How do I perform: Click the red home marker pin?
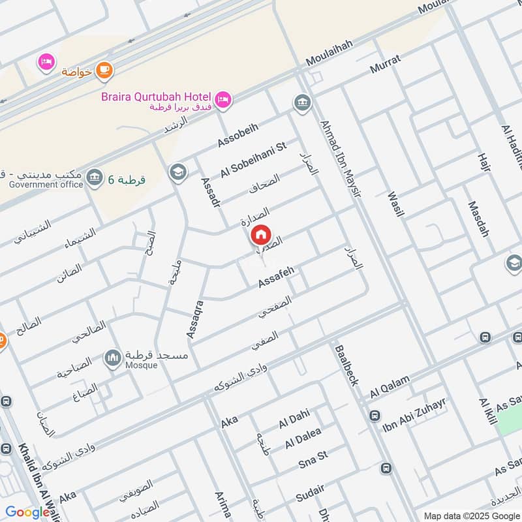tap(260, 234)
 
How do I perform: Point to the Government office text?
tap(46, 185)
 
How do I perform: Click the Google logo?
tap(27, 512)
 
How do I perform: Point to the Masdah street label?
tap(478, 219)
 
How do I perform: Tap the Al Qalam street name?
tap(390, 387)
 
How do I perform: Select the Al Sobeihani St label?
tap(254, 160)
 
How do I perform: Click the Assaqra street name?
tap(195, 319)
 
